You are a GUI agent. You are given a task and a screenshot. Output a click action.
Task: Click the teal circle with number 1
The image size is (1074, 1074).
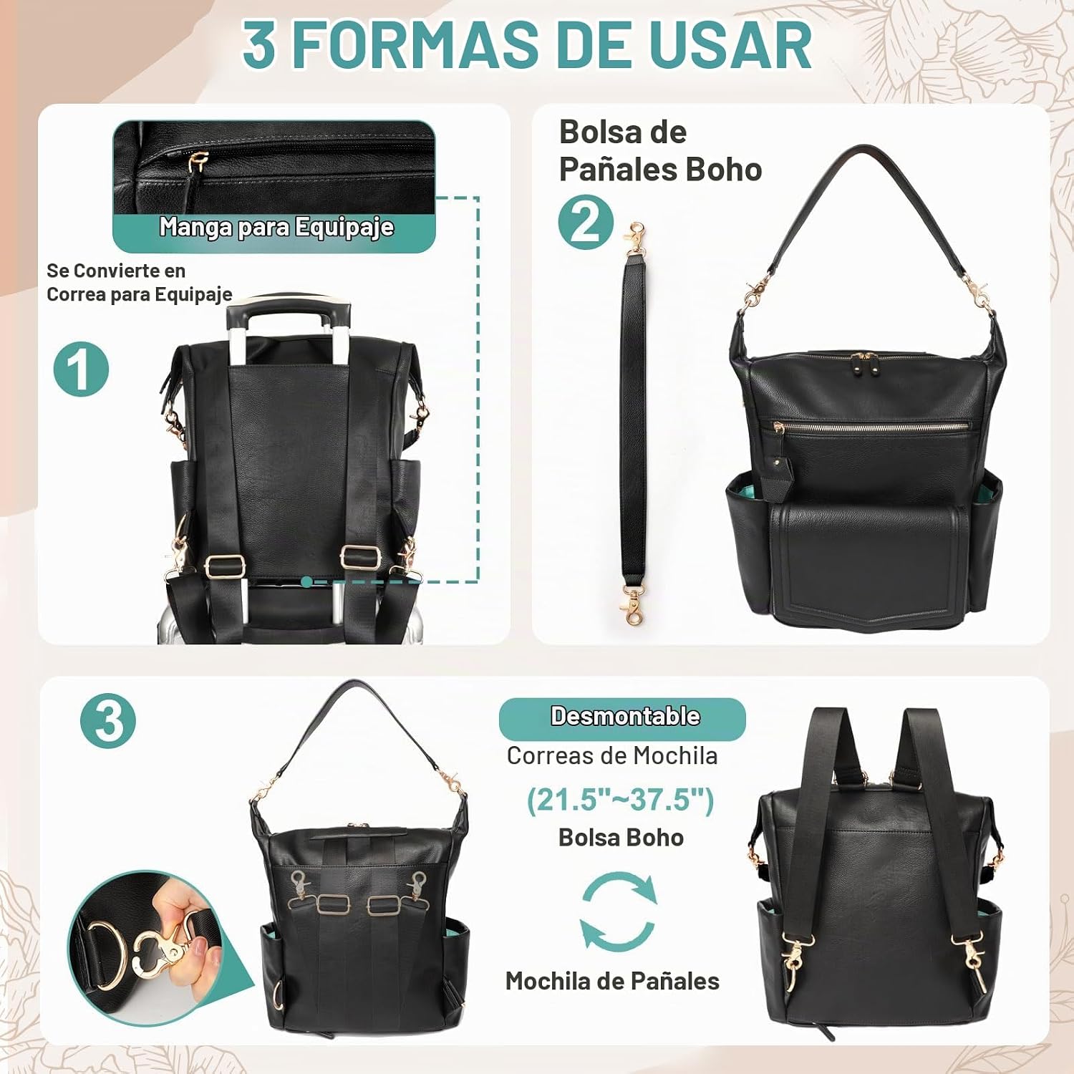click(x=81, y=369)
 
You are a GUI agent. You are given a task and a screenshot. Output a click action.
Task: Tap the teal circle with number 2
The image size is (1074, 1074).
click(x=586, y=222)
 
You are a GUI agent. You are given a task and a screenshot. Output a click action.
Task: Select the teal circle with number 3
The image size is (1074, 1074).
click(x=108, y=720)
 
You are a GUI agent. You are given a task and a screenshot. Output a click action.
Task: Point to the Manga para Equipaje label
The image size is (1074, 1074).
click(x=276, y=227)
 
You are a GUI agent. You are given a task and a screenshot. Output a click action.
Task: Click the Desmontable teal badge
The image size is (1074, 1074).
click(x=622, y=717)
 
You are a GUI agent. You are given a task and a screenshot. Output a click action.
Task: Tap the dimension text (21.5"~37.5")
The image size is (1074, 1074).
click(x=621, y=800)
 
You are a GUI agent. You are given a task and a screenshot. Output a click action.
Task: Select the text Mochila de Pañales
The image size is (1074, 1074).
click(x=612, y=981)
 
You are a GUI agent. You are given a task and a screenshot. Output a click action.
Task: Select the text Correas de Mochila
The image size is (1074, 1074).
click(x=612, y=756)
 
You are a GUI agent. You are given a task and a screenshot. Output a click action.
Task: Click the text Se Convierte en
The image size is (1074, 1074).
click(x=116, y=271)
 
